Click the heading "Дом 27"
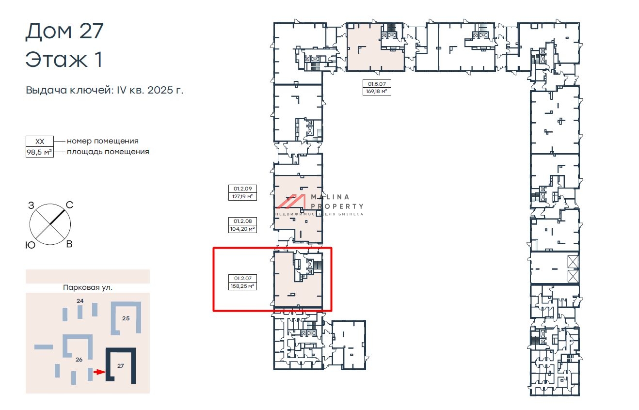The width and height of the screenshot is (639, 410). (64, 32)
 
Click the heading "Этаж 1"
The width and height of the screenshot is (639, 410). (64, 59)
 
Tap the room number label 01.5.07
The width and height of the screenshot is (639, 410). (377, 84)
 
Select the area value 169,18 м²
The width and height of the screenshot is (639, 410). (377, 91)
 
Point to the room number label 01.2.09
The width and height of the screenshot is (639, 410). (242, 189)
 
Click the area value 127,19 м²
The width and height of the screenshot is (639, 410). (242, 196)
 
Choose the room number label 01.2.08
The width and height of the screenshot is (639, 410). (242, 221)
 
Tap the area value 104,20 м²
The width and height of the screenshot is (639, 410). (242, 229)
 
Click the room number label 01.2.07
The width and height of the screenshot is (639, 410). (242, 278)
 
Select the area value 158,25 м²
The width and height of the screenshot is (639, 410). (242, 285)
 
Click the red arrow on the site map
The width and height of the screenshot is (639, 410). (99, 372)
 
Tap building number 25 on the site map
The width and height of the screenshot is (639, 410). (126, 318)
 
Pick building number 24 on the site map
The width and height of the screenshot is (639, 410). (80, 300)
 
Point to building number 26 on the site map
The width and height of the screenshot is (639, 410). (79, 360)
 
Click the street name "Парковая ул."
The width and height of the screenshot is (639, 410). (88, 287)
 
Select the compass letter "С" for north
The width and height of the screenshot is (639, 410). (70, 205)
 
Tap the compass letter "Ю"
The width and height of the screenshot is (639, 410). (30, 245)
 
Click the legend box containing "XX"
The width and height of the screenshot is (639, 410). (40, 141)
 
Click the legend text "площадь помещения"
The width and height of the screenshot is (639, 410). (108, 152)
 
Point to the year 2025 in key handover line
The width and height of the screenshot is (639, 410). (160, 90)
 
